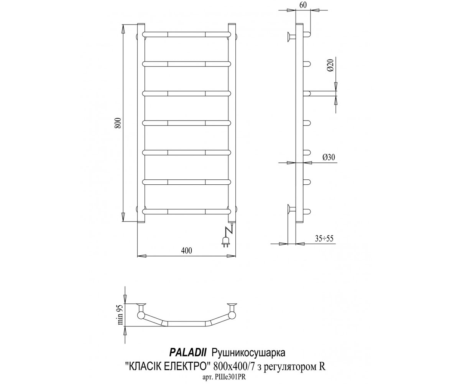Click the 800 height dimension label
click(x=118, y=123)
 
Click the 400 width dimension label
click(x=187, y=250)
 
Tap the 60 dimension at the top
click(x=303, y=5)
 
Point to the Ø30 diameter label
click(x=329, y=157)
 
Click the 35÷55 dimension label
click(x=324, y=238)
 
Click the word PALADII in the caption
click(x=188, y=353)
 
